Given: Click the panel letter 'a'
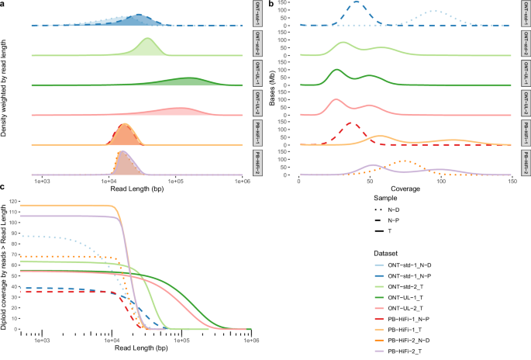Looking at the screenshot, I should (4, 5).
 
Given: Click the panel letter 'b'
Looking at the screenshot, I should (271, 5).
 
